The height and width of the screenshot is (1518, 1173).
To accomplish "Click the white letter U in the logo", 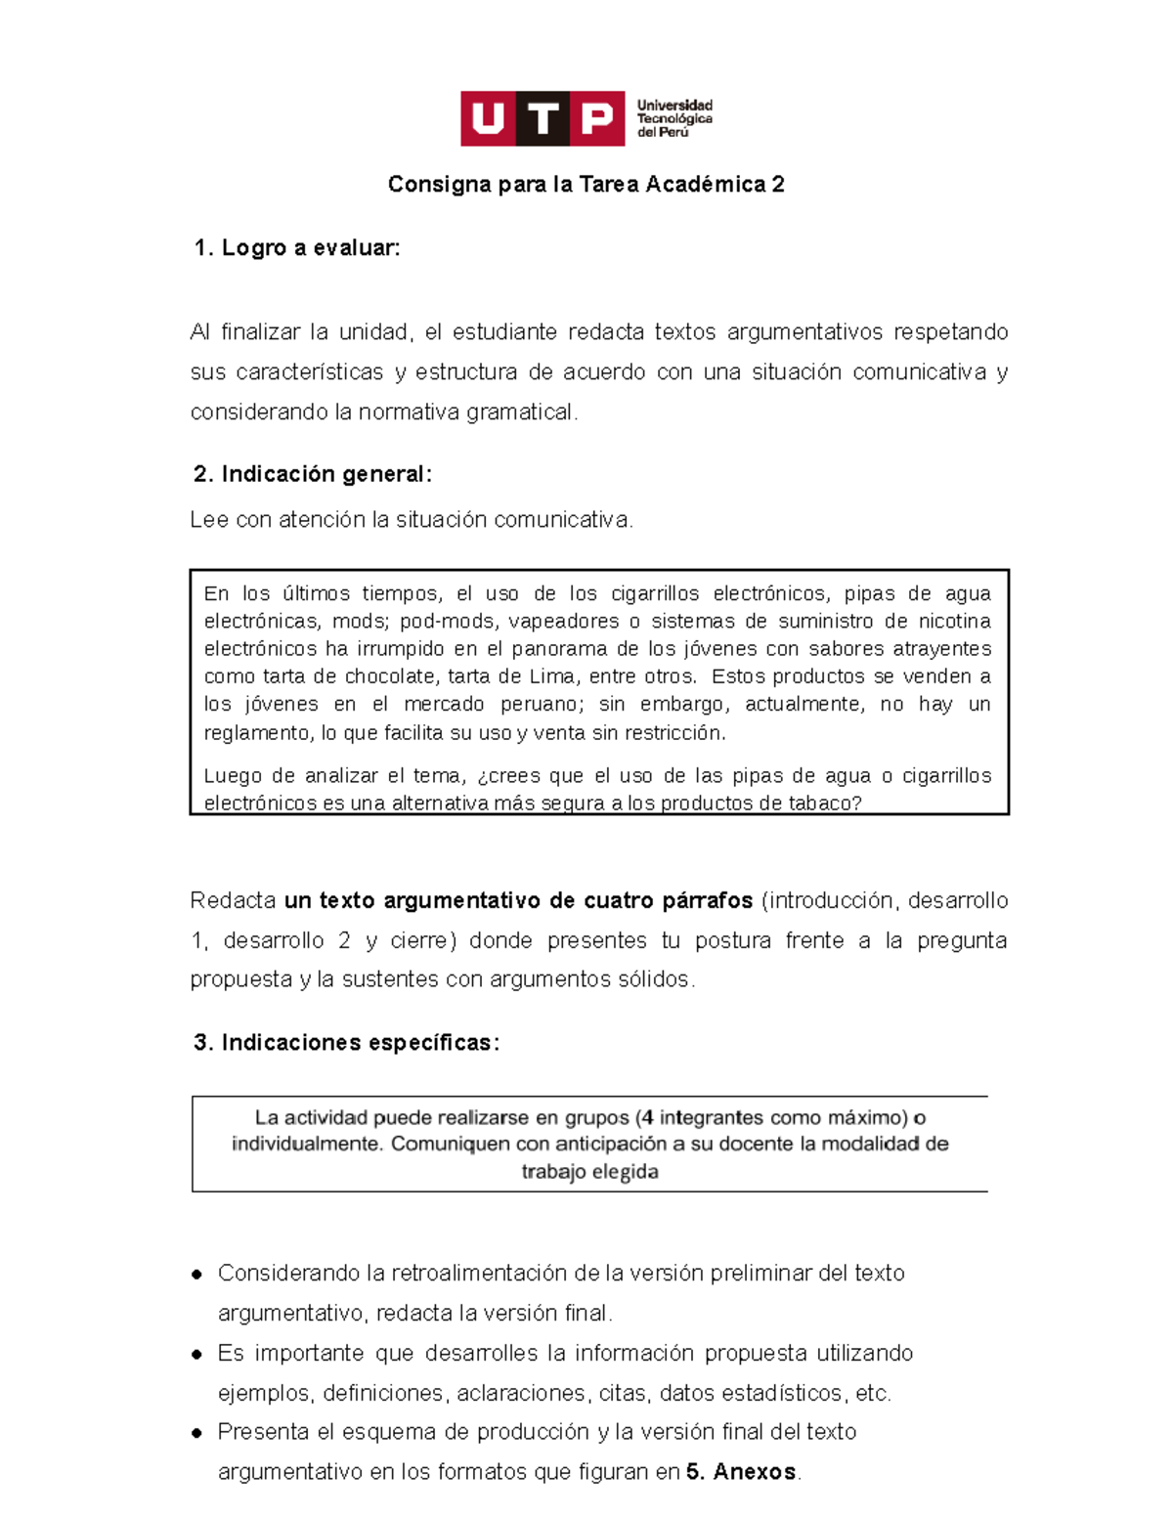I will (x=488, y=119).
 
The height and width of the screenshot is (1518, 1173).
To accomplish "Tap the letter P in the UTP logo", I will (x=597, y=119).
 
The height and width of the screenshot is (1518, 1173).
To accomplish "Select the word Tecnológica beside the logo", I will (x=674, y=118).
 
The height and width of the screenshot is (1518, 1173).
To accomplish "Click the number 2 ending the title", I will (x=778, y=185).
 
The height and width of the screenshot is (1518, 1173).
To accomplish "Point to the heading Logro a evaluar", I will (x=297, y=248).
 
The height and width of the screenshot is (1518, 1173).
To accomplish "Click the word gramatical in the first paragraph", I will (x=519, y=412).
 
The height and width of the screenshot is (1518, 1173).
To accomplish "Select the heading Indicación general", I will (x=313, y=474).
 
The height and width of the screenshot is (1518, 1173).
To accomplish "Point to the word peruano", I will (x=542, y=705).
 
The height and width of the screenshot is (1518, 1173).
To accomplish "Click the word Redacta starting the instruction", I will (x=233, y=900).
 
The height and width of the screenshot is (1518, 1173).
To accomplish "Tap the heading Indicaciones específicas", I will (x=347, y=1043).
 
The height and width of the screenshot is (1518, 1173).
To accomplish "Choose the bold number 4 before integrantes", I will (x=647, y=1118).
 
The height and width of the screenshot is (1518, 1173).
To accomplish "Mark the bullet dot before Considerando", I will (x=197, y=1275).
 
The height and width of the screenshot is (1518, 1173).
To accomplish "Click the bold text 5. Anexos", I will (x=742, y=1472).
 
